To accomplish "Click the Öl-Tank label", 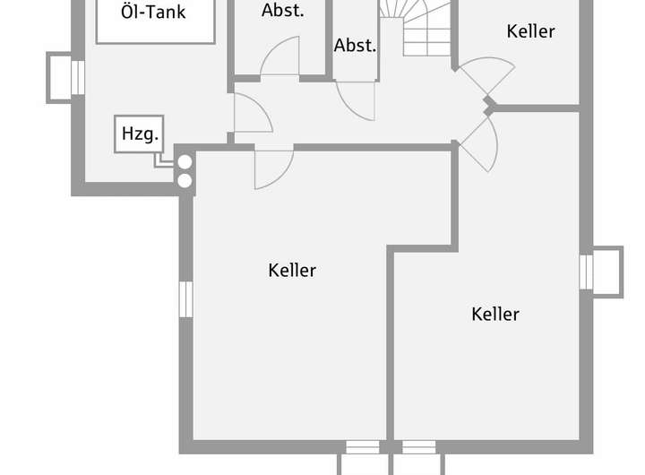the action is [x=154, y=13].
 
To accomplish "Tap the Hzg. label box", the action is [x=140, y=134].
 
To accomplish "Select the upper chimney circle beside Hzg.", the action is [x=185, y=163].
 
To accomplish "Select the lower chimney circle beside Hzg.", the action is [x=185, y=180].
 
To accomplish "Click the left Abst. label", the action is [x=283, y=11].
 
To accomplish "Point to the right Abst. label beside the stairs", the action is [x=356, y=45].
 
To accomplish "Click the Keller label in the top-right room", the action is [x=530, y=31].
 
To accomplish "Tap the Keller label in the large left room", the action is [x=292, y=270].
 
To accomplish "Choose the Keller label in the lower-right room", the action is [x=495, y=314].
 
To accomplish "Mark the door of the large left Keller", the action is [x=272, y=167].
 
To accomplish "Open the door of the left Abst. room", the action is [x=280, y=59].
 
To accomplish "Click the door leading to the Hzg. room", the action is [x=249, y=114].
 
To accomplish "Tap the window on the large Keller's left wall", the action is [x=185, y=298].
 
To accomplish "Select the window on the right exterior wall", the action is [x=587, y=272].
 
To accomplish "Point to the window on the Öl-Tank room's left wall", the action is [x=77, y=77].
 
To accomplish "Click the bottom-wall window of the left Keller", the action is [x=363, y=446].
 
